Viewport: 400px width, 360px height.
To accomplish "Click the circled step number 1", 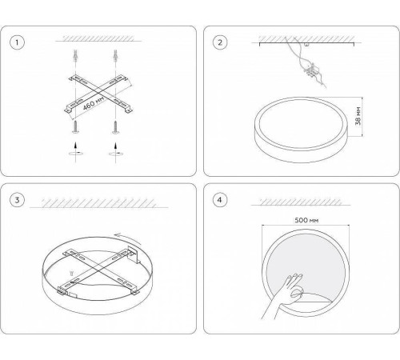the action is [17, 42].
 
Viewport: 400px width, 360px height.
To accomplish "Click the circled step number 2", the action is [220, 42].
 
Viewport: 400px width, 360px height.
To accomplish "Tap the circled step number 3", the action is [17, 200].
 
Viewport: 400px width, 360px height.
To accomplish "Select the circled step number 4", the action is [220, 200].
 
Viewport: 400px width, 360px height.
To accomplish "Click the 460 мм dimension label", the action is [93, 103].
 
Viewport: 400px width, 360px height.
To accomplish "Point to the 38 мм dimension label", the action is [358, 116].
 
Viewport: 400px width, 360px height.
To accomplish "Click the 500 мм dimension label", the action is [306, 220].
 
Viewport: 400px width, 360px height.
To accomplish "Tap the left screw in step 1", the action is [76, 127].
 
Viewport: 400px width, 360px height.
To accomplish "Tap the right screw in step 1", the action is [115, 127].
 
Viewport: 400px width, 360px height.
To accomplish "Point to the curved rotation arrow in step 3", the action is [127, 238].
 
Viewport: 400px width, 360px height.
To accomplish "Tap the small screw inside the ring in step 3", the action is [71, 273].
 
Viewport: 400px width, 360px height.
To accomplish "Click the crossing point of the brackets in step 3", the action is [98, 270].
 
